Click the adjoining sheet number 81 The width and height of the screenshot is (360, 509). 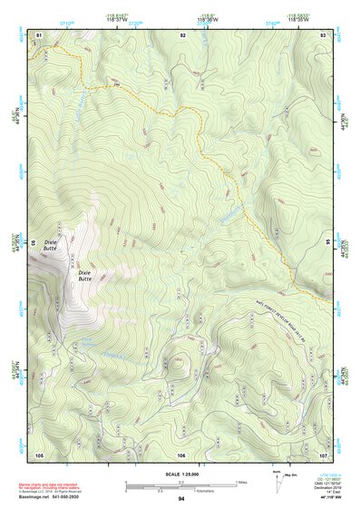click(x=39, y=34)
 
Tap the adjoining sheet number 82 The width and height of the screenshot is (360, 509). click(x=182, y=34)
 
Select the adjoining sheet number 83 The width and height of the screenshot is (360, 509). click(x=324, y=34)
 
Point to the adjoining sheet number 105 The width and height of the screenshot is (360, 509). click(x=39, y=455)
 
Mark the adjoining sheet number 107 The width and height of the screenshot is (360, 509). click(x=324, y=455)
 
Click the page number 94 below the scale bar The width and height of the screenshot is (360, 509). click(x=181, y=499)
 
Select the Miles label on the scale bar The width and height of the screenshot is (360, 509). click(x=240, y=481)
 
